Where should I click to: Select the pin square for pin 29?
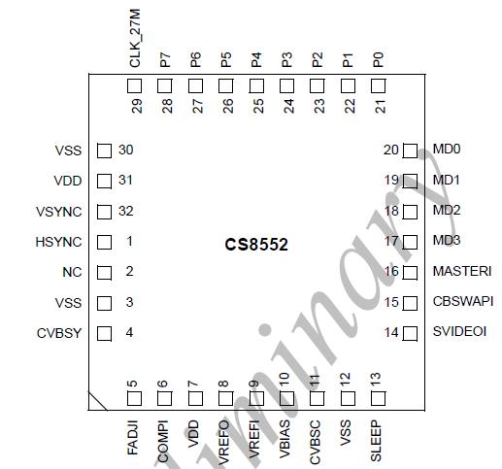pos(135,86)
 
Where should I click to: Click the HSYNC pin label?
pos(64,242)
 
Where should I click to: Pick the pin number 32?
pos(125,212)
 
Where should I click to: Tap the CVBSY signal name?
pos(61,333)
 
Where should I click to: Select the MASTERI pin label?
pos(461,271)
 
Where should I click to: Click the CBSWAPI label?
pos(463,302)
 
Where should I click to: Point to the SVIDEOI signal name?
pos(459,332)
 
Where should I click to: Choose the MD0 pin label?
pos(447,150)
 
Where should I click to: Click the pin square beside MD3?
pos(409,241)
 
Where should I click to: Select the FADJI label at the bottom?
pos(135,437)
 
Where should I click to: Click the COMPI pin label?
pos(164,438)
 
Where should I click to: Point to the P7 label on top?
pos(165,59)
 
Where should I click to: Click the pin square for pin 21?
pos(378,86)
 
